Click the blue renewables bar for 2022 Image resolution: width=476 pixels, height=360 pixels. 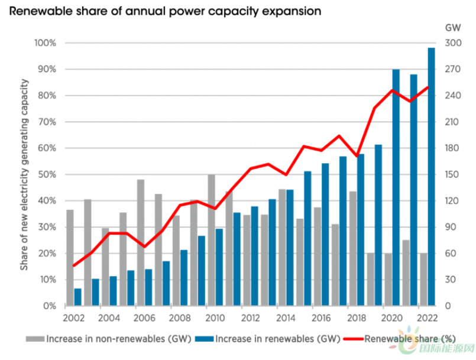431,177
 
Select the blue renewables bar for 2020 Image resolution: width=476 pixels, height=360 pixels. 396,189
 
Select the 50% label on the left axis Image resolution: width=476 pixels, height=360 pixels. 47,174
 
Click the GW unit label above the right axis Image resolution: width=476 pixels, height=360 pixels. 452,27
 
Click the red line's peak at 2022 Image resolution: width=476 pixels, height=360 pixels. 428,87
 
